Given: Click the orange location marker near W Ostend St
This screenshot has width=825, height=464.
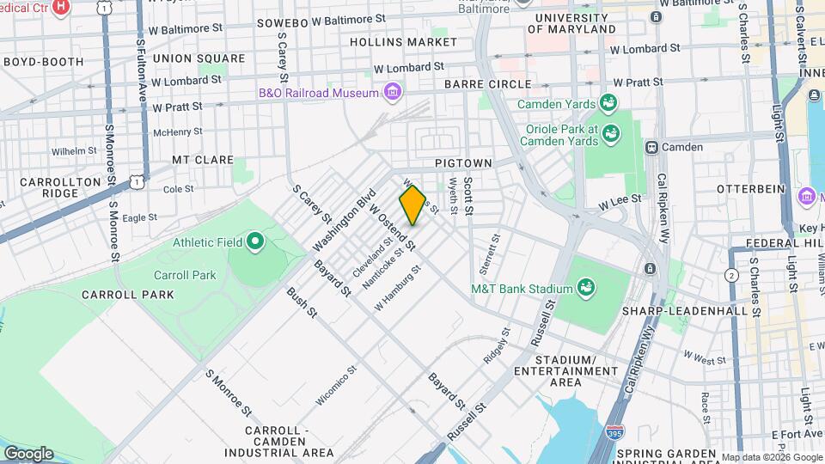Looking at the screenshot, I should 412,205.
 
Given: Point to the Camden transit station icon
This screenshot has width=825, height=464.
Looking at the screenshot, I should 652,147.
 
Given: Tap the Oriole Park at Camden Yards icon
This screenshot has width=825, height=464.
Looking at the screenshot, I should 611,133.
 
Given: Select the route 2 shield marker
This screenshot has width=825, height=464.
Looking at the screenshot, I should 731,275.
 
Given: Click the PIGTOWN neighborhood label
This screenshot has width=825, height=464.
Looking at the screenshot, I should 463,162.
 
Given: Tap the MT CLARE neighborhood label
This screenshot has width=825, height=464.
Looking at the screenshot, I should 203,160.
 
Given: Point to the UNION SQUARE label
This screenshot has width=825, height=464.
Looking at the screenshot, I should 186,58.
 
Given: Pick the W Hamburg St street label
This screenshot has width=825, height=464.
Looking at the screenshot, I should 398,287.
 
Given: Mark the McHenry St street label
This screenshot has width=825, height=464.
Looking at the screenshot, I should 177,132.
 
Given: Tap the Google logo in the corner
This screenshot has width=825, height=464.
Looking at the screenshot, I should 28,453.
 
